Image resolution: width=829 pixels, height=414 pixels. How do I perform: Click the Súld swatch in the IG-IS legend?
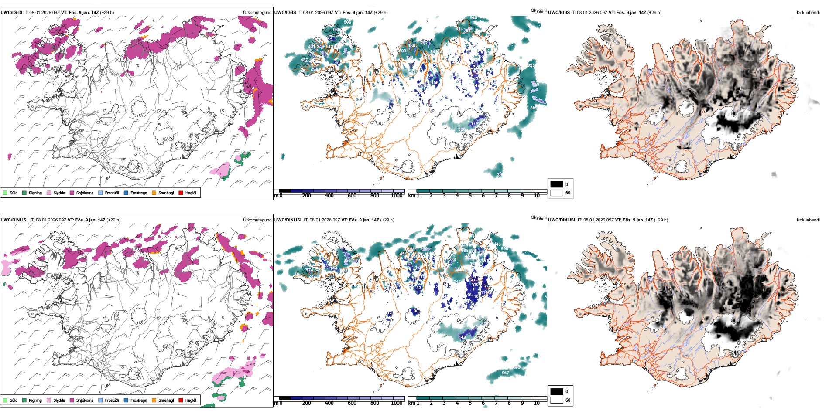coord(5,193)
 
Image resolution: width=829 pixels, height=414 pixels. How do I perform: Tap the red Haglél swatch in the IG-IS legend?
coord(181,193)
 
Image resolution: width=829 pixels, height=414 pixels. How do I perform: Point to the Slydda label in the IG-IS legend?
coord(59,193)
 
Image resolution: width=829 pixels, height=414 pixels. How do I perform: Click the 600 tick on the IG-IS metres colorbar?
coord(352,196)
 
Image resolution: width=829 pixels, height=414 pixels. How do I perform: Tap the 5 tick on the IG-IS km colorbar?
coord(470,196)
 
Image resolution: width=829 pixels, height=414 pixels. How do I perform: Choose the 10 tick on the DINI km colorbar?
coord(537,403)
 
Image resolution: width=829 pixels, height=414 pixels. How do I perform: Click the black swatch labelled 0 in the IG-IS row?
coord(557,184)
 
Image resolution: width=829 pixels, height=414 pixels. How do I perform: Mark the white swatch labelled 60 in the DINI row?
coord(557,400)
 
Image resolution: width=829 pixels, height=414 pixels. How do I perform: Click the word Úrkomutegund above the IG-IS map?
coord(257,13)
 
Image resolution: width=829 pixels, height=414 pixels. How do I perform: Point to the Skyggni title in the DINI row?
coord(538,217)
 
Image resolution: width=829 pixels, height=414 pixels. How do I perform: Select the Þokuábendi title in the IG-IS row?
coord(808,13)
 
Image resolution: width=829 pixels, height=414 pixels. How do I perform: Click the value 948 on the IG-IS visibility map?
coord(473,18)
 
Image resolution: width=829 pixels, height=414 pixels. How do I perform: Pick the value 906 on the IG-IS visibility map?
coord(347,22)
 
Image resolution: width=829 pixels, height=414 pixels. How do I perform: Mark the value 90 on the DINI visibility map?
coord(416,311)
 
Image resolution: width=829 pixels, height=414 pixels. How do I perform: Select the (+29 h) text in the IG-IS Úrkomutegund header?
coord(107,13)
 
